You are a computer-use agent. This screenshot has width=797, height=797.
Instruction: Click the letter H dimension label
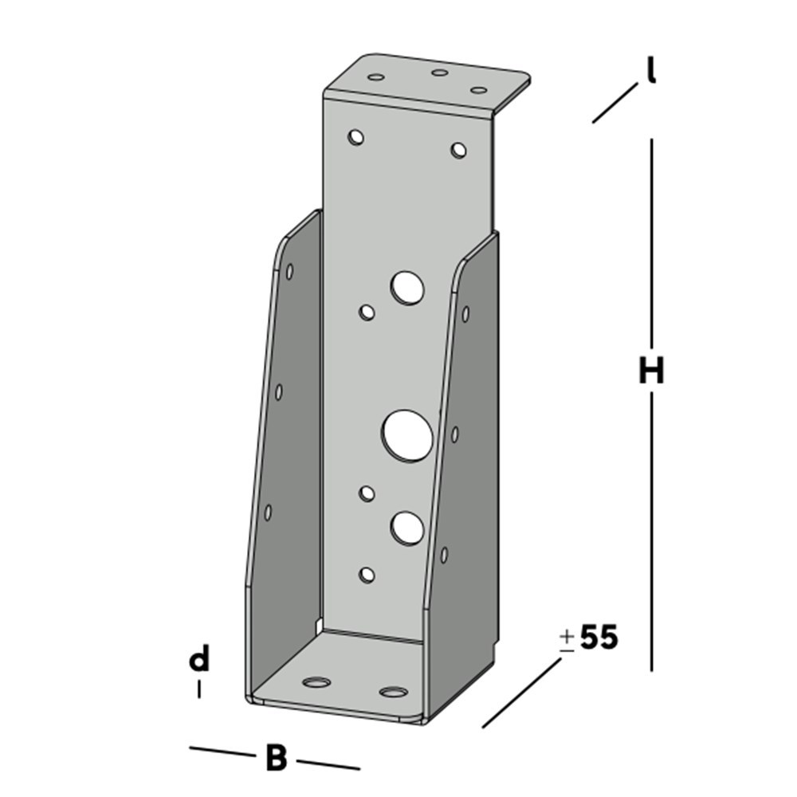click(x=651, y=371)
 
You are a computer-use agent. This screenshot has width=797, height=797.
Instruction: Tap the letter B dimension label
click(x=276, y=758)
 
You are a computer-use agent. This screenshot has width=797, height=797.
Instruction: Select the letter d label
click(x=199, y=660)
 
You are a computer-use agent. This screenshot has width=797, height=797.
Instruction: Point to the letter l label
click(x=651, y=73)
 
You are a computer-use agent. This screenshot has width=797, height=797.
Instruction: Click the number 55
click(x=599, y=638)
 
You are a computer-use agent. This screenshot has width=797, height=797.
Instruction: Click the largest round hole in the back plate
click(x=407, y=435)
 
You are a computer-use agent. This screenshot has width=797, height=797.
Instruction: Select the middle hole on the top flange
click(x=439, y=73)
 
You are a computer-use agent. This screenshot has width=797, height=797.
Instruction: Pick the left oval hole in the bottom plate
click(x=317, y=683)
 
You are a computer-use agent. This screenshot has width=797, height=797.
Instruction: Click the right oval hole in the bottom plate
click(x=392, y=691)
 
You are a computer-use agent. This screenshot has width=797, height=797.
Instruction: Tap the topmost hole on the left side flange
click(x=289, y=271)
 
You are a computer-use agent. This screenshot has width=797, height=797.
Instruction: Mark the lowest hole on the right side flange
click(x=444, y=555)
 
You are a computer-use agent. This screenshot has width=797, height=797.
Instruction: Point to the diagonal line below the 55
click(x=522, y=693)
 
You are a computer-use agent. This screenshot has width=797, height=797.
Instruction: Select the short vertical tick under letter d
click(x=199, y=688)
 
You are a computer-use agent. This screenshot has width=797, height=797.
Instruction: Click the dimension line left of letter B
click(x=221, y=752)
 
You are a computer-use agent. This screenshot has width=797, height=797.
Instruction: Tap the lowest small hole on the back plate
click(x=367, y=574)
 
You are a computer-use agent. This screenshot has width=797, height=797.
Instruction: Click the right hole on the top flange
click(x=478, y=90)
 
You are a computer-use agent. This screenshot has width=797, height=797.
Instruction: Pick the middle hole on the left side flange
click(x=279, y=392)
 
